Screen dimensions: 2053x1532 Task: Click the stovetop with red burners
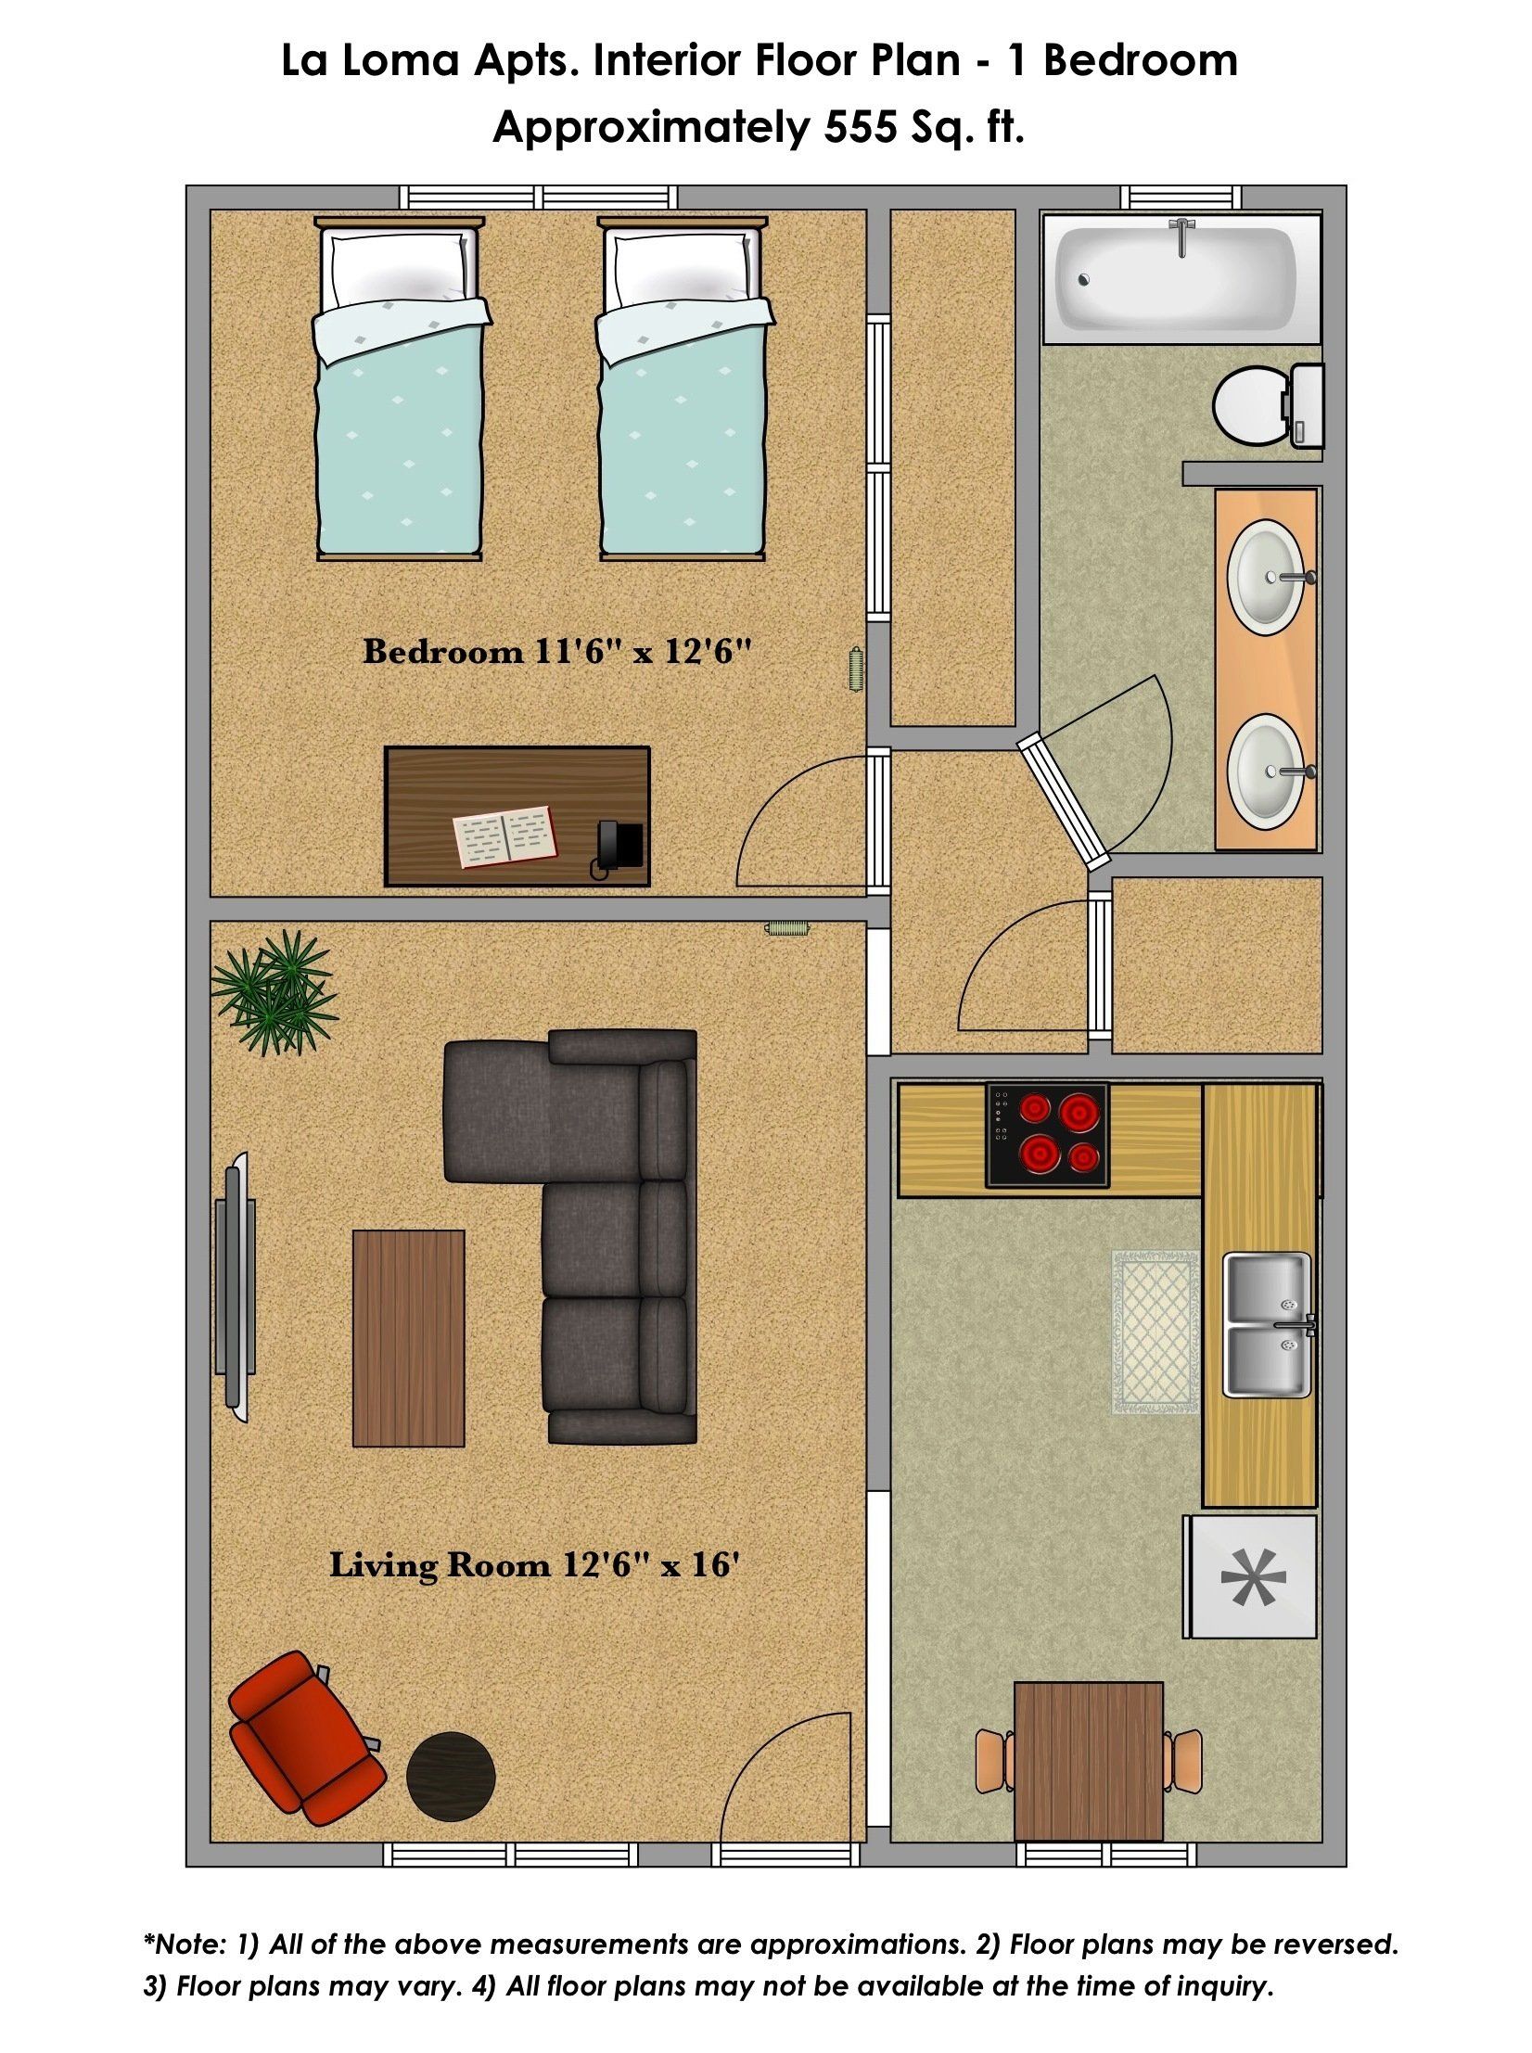coord(1047,1135)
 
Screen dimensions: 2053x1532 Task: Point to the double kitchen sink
coord(1268,1325)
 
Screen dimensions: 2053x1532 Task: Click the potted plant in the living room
coord(274,991)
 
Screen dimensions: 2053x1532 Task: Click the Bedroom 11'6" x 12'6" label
coord(555,652)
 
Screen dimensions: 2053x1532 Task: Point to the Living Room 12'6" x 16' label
coord(535,1565)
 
